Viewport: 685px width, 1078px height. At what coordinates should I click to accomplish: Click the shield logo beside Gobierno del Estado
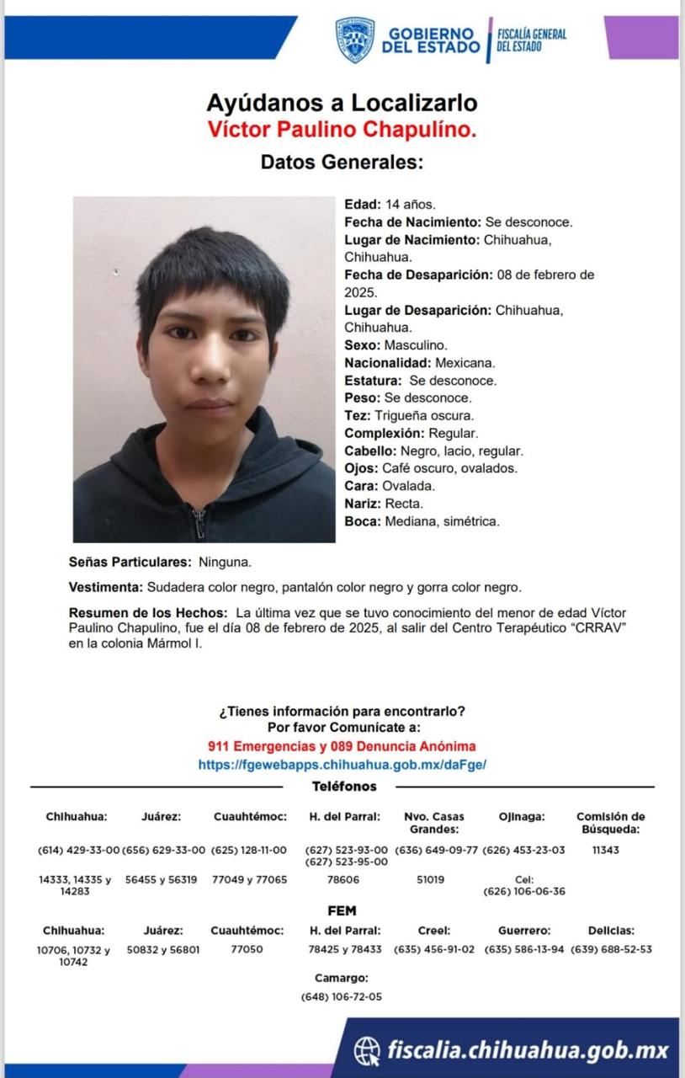[354, 40]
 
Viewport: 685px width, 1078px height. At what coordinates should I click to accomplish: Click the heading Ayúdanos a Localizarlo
[342, 104]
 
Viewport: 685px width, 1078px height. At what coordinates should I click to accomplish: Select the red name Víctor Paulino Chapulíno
[342, 130]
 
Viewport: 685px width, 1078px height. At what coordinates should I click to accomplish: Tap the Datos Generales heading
[342, 162]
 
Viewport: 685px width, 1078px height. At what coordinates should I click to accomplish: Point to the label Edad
[363, 204]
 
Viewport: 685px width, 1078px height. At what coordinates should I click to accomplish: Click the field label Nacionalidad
[388, 363]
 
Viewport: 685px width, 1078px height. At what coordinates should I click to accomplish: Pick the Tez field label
[358, 416]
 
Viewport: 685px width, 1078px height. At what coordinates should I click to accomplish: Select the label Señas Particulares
[130, 561]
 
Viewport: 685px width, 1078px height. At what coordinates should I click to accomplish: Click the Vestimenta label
[105, 587]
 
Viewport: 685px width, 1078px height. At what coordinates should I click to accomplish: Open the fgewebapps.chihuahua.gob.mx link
[342, 765]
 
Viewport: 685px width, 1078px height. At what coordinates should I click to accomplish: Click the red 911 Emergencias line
[342, 746]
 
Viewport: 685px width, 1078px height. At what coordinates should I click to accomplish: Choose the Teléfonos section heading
[344, 787]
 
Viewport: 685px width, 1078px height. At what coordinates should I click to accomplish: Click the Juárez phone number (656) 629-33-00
[164, 850]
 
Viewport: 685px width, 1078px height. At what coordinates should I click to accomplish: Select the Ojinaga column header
[522, 816]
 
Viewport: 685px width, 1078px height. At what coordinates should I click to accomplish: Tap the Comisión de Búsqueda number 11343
[605, 850]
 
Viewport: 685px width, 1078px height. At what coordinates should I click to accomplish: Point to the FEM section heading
[342, 910]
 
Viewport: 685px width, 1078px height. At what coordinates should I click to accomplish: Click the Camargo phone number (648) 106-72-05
[341, 996]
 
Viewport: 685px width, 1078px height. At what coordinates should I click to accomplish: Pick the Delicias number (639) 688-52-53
[611, 949]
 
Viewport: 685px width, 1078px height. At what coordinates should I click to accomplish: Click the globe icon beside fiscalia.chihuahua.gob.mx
[367, 1050]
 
